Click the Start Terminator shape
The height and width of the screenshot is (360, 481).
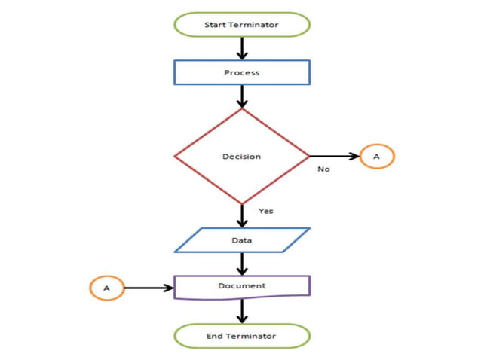tap(241, 25)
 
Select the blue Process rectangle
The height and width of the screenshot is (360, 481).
tap(241, 72)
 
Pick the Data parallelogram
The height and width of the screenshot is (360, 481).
tap(241, 240)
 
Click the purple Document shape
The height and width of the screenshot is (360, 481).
tap(241, 286)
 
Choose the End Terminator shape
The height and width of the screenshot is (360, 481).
tap(241, 335)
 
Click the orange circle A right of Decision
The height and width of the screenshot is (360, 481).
tap(377, 156)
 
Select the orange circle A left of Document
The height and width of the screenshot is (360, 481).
tap(106, 288)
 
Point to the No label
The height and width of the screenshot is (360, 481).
tap(323, 169)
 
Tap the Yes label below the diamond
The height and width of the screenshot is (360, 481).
tap(265, 211)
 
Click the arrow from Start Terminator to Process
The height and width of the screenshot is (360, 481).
tap(242, 47)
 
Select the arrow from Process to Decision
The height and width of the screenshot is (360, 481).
tap(242, 96)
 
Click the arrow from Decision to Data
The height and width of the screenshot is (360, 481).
tap(242, 215)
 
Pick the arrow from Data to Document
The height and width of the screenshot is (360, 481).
tap(242, 264)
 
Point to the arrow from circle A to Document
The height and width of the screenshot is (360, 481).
tap(148, 288)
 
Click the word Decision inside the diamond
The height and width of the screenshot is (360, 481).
tap(241, 157)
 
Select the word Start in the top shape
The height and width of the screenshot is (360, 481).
tap(215, 25)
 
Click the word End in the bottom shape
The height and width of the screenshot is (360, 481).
tap(214, 336)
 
